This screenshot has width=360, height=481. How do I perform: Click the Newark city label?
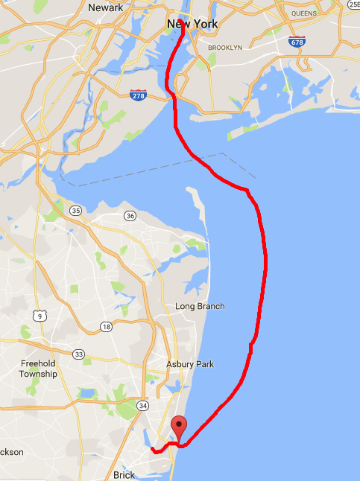point(105,7)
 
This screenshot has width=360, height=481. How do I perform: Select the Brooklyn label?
point(225,48)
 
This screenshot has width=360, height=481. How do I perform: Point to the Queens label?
point(304,13)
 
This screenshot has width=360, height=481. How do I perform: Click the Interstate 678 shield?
point(297,42)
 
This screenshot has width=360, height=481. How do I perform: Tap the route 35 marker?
point(76,211)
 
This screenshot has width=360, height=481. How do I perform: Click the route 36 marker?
point(130,216)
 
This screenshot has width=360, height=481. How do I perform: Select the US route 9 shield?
point(41,316)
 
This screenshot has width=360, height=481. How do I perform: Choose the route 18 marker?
point(107,327)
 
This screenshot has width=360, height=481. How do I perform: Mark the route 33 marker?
point(79,354)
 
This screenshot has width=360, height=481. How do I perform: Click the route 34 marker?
point(143,405)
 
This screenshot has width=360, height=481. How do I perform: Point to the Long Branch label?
point(199,306)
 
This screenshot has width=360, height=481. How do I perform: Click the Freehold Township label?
point(39,369)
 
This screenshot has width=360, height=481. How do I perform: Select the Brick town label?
point(124,474)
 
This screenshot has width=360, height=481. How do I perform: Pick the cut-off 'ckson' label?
point(10,452)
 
